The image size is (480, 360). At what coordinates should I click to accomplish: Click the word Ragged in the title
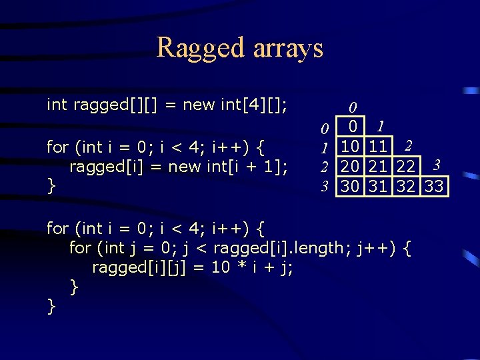click(x=201, y=49)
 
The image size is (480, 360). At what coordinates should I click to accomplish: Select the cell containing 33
click(x=435, y=186)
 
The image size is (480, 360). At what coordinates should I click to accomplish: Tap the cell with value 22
click(x=407, y=166)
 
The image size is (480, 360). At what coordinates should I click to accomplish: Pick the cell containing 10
click(x=350, y=145)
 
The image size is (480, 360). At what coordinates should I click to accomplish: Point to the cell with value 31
click(x=379, y=186)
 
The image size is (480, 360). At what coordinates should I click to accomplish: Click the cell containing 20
click(x=350, y=166)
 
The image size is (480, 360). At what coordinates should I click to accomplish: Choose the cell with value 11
click(x=379, y=145)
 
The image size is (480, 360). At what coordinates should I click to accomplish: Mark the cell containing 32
click(x=407, y=186)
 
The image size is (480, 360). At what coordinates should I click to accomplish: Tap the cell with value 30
click(x=350, y=186)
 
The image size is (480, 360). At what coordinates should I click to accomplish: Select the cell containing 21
click(x=379, y=166)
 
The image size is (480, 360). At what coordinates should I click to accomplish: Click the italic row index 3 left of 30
click(x=324, y=187)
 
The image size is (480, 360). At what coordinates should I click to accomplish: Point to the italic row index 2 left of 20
click(x=324, y=167)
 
